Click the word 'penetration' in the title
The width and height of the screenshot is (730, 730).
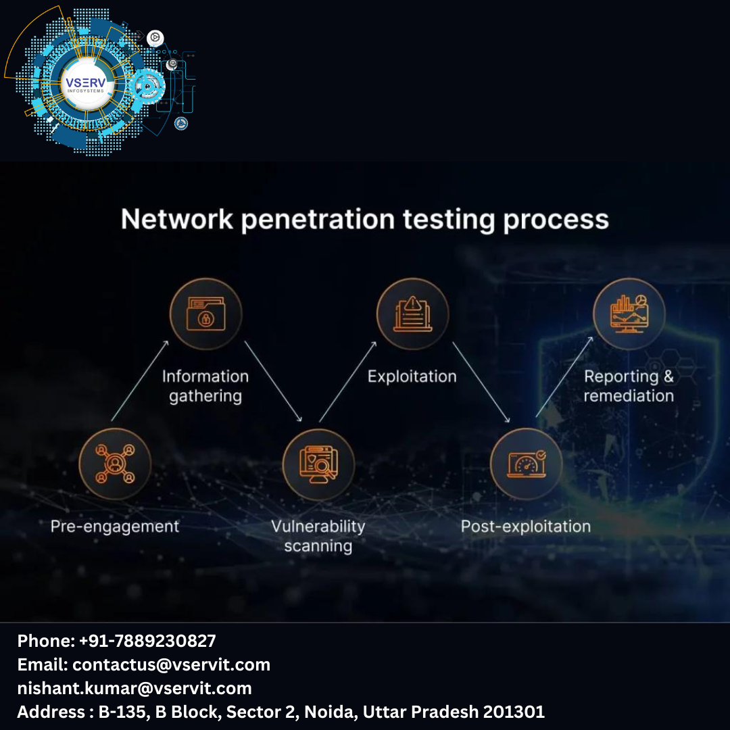tap(318, 220)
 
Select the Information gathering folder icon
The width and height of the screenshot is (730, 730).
tap(205, 314)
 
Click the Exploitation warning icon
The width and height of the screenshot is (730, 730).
tap(412, 314)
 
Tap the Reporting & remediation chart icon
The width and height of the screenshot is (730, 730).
tap(629, 314)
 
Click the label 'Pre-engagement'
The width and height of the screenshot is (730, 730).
tap(115, 527)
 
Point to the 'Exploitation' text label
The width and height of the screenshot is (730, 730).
tap(412, 376)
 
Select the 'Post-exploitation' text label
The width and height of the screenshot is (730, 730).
tap(526, 527)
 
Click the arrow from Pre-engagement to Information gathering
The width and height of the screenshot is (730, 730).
tap(139, 381)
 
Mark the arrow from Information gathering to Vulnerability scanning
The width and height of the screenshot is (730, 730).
tap(273, 381)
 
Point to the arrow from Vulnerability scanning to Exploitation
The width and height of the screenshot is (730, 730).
tap(347, 381)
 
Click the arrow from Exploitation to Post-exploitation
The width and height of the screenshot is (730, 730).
tap(481, 383)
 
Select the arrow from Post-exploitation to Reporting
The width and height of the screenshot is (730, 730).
tap(564, 376)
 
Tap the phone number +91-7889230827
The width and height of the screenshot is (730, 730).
tap(147, 641)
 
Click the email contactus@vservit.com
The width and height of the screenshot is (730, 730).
tap(171, 664)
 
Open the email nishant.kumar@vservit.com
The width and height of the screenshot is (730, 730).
tap(135, 688)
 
